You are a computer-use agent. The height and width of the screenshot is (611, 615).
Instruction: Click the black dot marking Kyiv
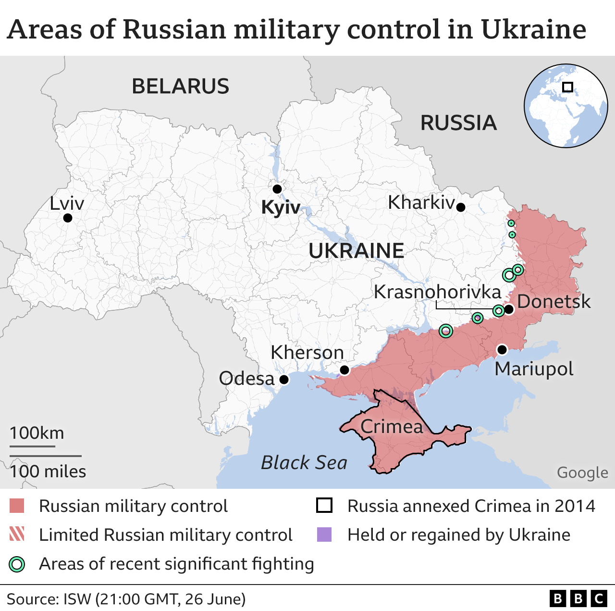[x=277, y=189]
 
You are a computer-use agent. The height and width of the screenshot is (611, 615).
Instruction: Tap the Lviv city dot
[x=68, y=218]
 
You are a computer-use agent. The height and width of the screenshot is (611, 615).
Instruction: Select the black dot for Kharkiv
[x=461, y=207]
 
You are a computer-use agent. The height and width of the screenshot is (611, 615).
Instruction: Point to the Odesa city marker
[x=284, y=380]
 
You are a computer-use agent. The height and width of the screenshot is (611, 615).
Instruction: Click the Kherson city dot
[x=344, y=370]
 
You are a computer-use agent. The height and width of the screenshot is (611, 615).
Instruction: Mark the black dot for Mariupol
[x=502, y=349]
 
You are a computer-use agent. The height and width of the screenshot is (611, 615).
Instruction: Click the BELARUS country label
[x=181, y=87]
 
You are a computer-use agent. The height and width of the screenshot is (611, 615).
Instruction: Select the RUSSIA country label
[x=458, y=123]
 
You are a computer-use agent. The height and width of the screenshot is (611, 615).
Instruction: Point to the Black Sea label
[x=304, y=463]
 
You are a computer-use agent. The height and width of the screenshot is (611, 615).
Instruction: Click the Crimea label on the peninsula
[x=392, y=427]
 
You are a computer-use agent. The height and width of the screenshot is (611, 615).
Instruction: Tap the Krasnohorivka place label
[x=437, y=292]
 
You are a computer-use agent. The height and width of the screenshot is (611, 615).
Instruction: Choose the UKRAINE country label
[x=356, y=251]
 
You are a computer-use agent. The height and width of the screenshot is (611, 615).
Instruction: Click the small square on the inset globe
[x=567, y=87]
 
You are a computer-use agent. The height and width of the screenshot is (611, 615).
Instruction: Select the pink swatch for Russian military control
[x=17, y=506]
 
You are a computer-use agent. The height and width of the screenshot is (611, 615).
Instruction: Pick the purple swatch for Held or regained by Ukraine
[x=324, y=535]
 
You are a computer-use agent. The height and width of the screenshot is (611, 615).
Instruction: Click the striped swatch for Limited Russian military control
[x=17, y=535]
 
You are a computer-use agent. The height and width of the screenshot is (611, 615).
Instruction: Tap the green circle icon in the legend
[x=17, y=564]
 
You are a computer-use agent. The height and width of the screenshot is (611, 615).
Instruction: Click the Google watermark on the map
[x=582, y=473]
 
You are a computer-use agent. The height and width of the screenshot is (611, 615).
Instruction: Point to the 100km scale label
[x=37, y=433]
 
